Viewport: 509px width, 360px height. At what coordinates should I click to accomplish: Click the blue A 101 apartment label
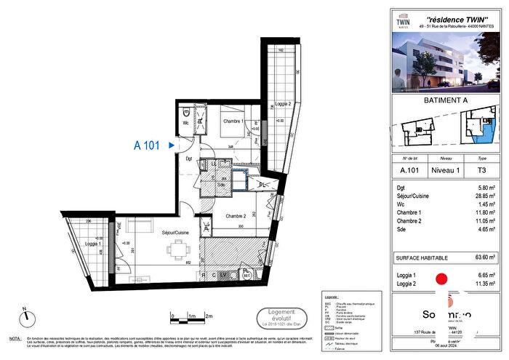pyautogui.click(x=148, y=145)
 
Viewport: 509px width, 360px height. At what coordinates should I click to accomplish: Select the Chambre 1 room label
pyautogui.click(x=233, y=121)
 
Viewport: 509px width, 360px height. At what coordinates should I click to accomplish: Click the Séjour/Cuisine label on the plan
pyautogui.click(x=156, y=233)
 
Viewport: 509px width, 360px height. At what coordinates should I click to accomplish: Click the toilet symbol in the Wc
pyautogui.click(x=187, y=113)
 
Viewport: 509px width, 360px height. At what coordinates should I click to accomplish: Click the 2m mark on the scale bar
pyautogui.click(x=207, y=316)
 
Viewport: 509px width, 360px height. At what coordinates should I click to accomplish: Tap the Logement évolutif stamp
pyautogui.click(x=279, y=317)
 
